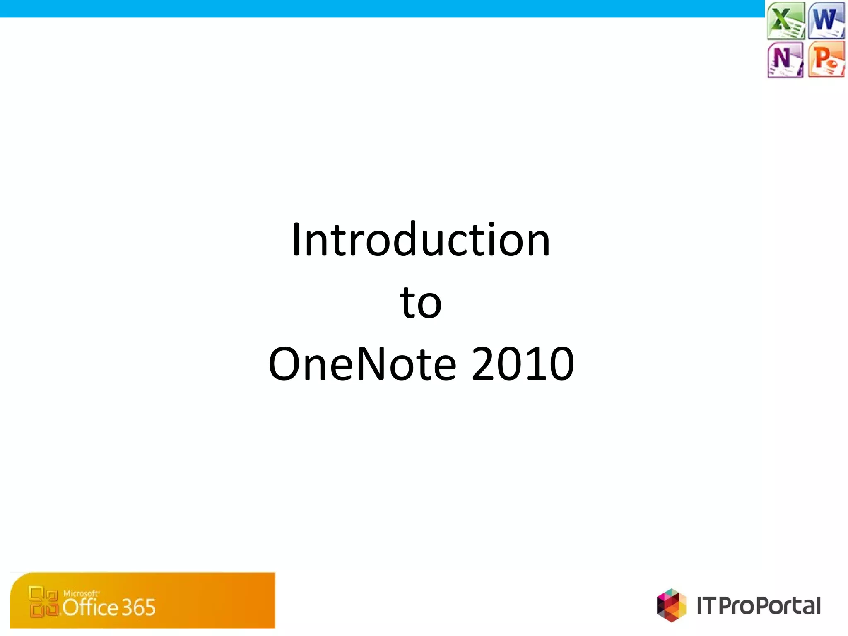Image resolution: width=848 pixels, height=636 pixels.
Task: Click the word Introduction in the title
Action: coord(421,240)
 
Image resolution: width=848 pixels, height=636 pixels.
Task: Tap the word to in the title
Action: coord(421,303)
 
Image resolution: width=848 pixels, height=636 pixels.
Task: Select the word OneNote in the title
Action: coord(362,364)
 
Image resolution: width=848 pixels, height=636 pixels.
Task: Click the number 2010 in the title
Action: coord(523,364)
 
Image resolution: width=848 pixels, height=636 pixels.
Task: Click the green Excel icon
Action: coord(785,20)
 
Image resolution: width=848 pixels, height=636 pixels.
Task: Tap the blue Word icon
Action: coord(826,20)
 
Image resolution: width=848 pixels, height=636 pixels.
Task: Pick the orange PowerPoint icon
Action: coord(826,60)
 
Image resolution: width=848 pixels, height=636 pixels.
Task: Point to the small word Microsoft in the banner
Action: coord(81,593)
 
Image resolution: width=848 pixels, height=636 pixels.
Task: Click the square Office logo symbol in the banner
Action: coord(43,601)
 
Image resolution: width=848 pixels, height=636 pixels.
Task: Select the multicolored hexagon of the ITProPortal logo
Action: coord(671,605)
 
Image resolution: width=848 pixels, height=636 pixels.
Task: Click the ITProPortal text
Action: coord(759,606)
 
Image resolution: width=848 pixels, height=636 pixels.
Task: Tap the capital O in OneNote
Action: coord(286,364)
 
